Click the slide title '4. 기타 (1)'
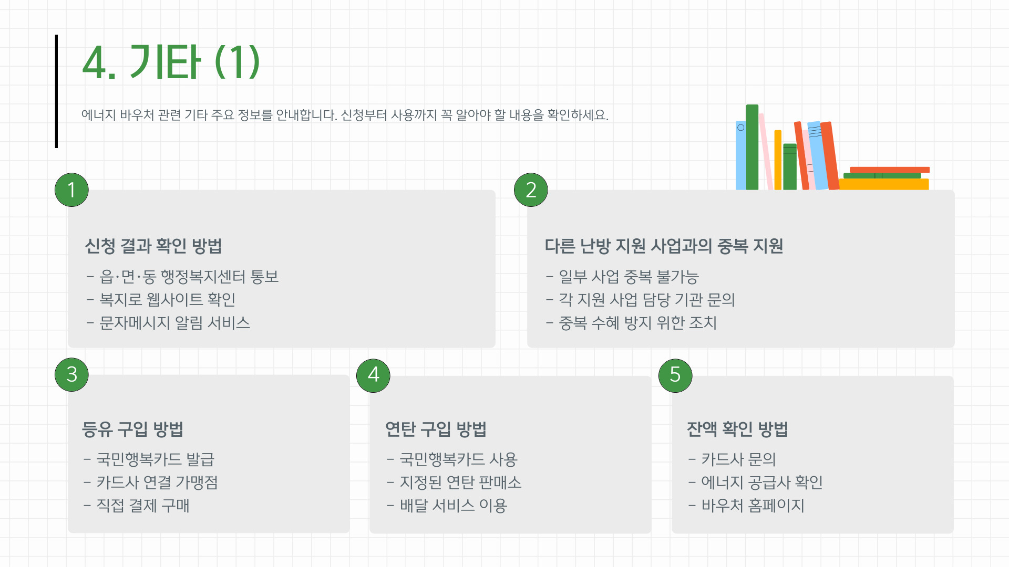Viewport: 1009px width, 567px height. click(x=171, y=62)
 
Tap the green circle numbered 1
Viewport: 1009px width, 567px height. click(x=71, y=190)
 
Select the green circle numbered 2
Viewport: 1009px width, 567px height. click(x=531, y=190)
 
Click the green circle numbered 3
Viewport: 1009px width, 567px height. click(x=71, y=374)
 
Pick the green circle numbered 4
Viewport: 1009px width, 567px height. click(x=373, y=375)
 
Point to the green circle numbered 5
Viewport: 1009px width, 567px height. click(x=675, y=375)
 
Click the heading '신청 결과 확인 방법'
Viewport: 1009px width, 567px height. click(x=153, y=246)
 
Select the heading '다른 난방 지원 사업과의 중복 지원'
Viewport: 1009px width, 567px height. click(x=664, y=246)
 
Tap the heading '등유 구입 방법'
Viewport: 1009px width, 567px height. click(x=132, y=429)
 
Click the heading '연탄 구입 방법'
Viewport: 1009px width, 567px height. click(x=436, y=429)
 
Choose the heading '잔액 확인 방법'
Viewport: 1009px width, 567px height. click(x=737, y=429)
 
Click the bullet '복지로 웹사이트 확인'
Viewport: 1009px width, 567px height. click(x=167, y=299)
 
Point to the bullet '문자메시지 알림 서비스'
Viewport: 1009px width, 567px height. click(x=174, y=322)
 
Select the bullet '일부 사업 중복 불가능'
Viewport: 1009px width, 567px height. click(x=629, y=276)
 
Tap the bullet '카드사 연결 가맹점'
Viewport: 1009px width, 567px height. click(x=157, y=482)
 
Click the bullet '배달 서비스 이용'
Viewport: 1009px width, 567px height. click(x=453, y=505)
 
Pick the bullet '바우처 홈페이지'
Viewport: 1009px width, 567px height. click(x=753, y=505)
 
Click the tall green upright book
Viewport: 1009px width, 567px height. click(x=752, y=147)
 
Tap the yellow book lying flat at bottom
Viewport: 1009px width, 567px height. click(x=884, y=184)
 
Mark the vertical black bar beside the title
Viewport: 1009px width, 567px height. click(x=56, y=91)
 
